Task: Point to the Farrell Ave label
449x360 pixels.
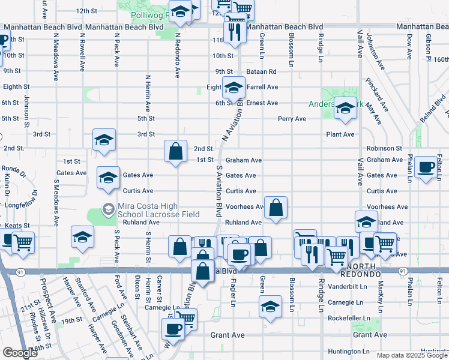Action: [x=262, y=87]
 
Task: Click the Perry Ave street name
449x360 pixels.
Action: [x=292, y=119]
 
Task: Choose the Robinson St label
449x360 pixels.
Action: [x=384, y=148]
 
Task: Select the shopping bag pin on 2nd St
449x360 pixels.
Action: [x=175, y=152]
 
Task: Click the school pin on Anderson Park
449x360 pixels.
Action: [x=345, y=108]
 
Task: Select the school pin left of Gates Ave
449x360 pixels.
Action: [x=108, y=178]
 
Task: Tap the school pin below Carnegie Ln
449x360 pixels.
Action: [x=271, y=306]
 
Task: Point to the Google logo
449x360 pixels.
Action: [x=20, y=353]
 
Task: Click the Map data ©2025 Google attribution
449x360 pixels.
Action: [x=411, y=355]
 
